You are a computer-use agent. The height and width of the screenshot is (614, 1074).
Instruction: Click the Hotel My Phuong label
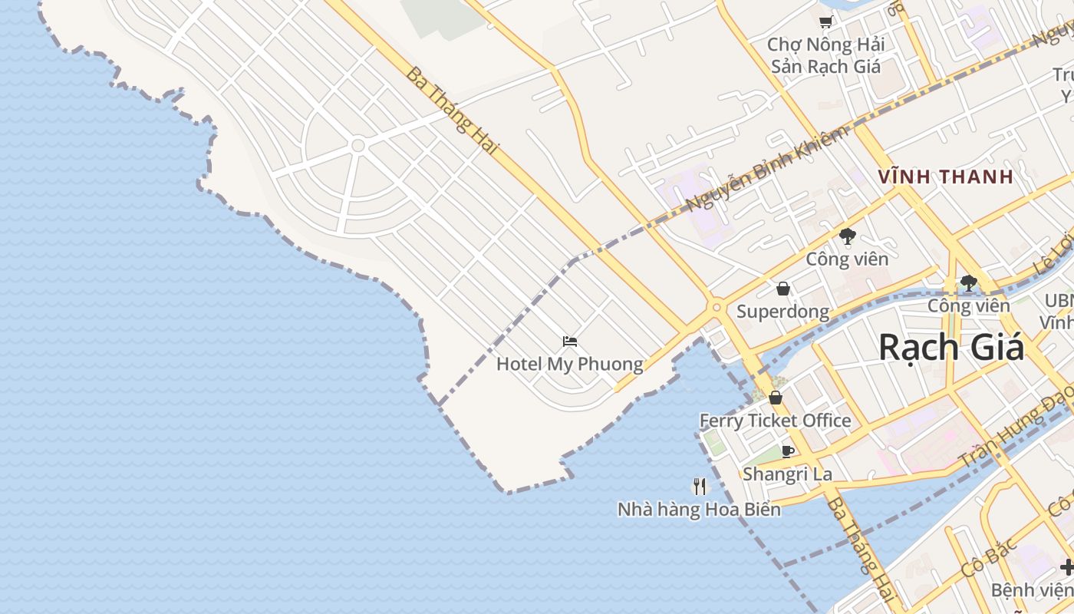tap(569, 364)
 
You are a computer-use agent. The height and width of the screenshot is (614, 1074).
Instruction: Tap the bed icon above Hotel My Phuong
tap(569, 342)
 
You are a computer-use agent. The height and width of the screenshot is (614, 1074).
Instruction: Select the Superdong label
tap(782, 312)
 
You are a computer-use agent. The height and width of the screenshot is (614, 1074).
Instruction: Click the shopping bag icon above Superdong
tap(782, 289)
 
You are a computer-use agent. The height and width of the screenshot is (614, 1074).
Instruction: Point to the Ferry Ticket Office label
tap(775, 421)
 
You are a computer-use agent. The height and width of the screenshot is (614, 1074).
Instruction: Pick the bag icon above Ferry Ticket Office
tap(776, 398)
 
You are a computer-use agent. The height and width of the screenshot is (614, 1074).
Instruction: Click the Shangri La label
tap(787, 474)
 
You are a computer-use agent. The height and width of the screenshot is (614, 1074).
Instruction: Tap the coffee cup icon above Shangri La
tap(787, 451)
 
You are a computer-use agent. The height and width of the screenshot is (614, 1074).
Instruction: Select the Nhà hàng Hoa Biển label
tap(699, 509)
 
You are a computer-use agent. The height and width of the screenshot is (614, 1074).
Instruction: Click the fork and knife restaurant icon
tap(699, 486)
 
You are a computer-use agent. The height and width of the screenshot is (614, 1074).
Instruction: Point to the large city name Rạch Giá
tap(951, 347)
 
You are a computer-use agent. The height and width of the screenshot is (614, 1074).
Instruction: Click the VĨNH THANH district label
tap(945, 177)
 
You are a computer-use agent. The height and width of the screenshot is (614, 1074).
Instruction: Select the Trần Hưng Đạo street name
tap(1016, 430)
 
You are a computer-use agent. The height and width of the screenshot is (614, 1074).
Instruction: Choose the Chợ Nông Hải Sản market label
tap(825, 55)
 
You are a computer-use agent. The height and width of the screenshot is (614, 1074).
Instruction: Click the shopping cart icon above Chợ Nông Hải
tap(825, 23)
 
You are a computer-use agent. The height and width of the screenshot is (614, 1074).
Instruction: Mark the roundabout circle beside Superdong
tap(717, 307)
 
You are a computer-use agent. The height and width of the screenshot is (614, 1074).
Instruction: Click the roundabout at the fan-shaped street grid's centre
tap(357, 144)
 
